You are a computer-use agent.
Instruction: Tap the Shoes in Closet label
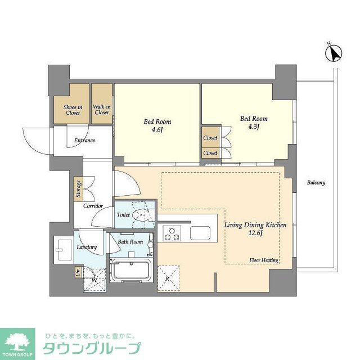73,110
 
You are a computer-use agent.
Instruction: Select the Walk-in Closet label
102,110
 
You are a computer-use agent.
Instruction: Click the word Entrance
82,141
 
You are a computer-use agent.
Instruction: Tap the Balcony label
316,183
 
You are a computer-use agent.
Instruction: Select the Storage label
78,189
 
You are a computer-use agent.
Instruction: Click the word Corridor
93,206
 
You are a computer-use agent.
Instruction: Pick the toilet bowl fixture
143,214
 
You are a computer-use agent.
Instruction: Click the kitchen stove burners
171,233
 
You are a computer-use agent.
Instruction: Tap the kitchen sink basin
200,233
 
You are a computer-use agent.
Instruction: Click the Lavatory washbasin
61,248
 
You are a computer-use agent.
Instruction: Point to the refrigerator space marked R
168,278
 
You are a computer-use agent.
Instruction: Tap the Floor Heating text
264,260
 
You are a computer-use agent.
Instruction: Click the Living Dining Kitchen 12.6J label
255,229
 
